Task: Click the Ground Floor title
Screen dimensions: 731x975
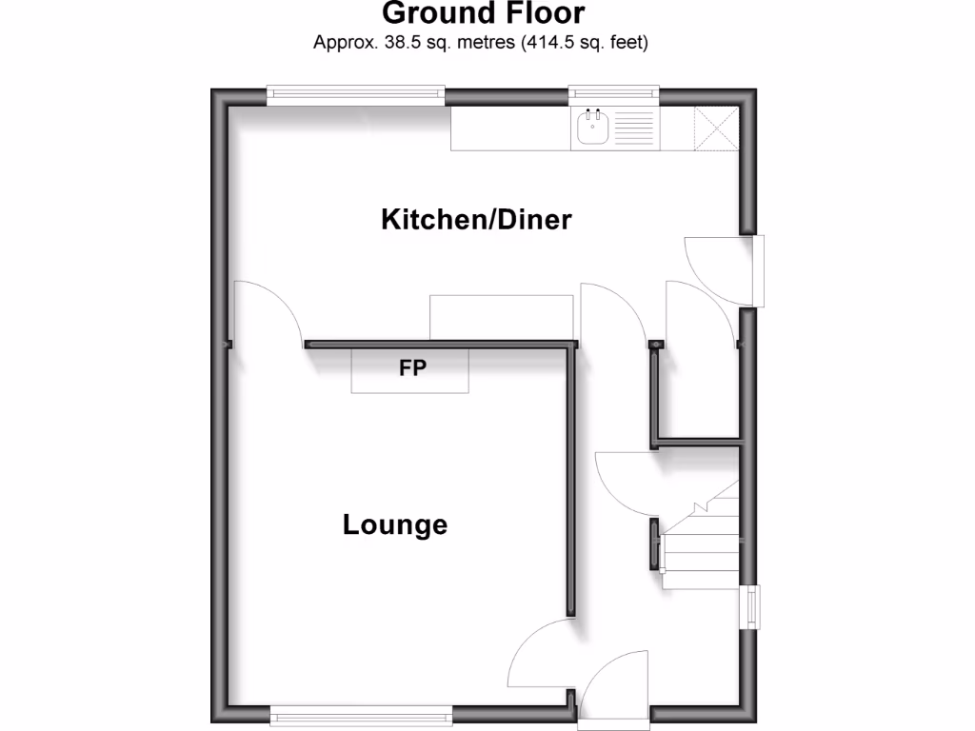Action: (x=483, y=14)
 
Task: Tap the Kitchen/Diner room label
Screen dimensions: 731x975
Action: (x=476, y=220)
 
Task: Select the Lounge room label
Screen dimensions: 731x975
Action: (x=395, y=524)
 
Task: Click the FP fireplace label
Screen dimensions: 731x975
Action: (x=411, y=367)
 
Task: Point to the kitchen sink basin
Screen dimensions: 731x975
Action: (x=592, y=128)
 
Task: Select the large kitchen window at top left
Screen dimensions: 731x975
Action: (x=355, y=94)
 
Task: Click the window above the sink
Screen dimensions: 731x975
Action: (x=614, y=94)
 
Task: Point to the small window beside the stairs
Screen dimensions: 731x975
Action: (x=752, y=605)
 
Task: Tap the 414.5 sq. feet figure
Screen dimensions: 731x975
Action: (x=585, y=43)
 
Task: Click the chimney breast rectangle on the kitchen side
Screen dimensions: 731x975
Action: (x=501, y=317)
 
